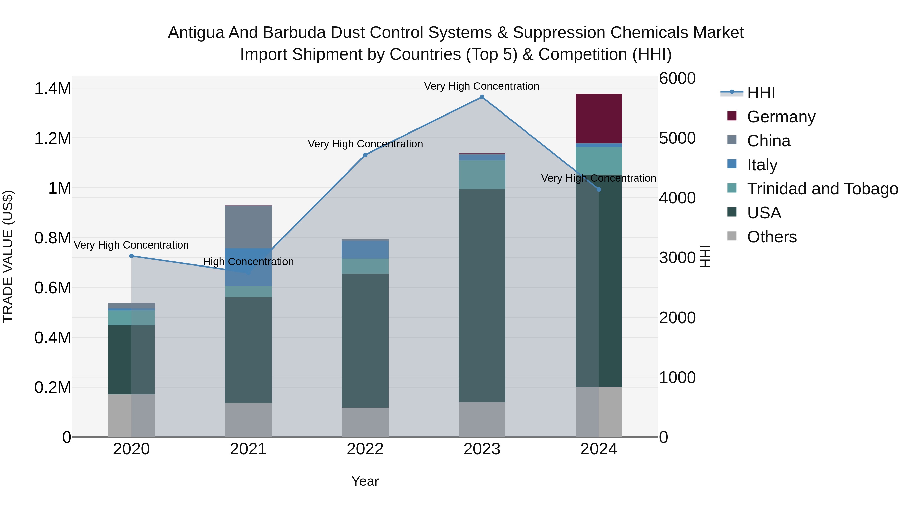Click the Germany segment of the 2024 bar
(599, 118)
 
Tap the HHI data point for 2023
(482, 97)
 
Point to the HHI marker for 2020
(131, 256)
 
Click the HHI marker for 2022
(365, 155)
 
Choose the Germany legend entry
(781, 117)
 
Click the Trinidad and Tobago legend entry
(822, 189)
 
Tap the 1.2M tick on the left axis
(52, 138)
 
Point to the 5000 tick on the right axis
(677, 138)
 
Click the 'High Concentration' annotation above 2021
(248, 262)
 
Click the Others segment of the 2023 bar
(482, 420)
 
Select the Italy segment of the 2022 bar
(365, 250)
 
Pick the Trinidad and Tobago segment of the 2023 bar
(482, 175)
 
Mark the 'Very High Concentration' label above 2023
(482, 86)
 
